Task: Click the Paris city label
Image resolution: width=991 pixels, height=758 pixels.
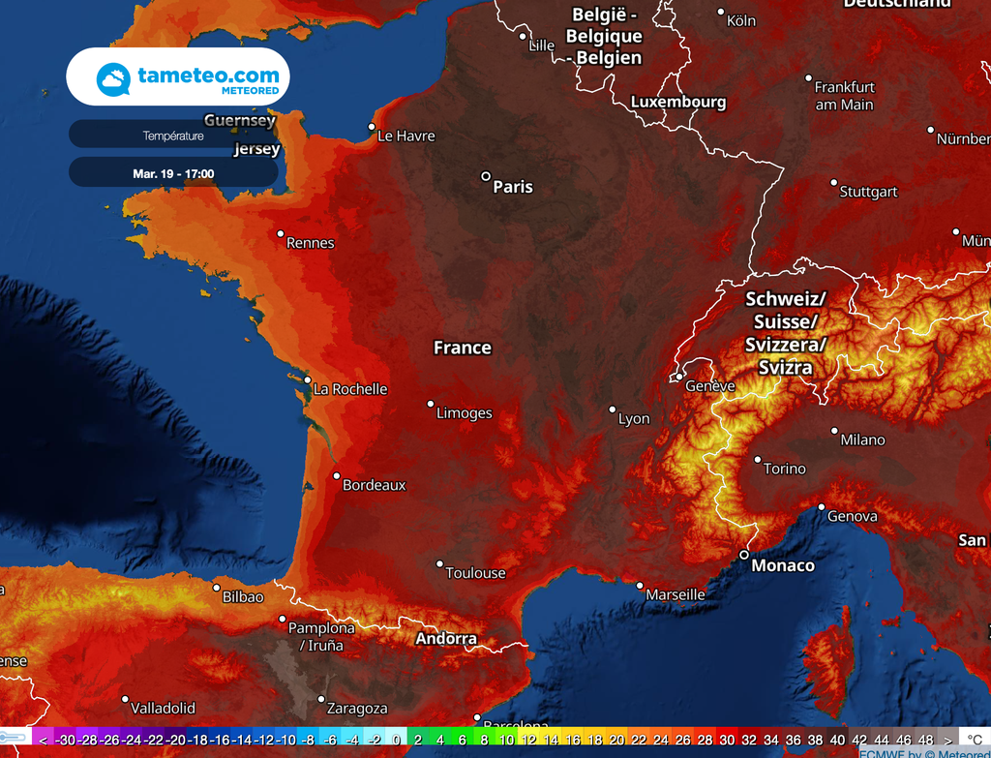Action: click(x=513, y=187)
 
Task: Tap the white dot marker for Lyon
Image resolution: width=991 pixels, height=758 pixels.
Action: click(x=612, y=409)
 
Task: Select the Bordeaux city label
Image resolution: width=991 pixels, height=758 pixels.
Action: click(x=374, y=485)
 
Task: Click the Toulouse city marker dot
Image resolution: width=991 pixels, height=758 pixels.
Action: click(x=439, y=563)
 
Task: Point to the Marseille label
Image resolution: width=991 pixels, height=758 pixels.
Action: click(x=676, y=594)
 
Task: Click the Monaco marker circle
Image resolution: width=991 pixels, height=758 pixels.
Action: click(x=743, y=555)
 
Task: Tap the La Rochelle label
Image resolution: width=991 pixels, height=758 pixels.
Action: click(x=350, y=389)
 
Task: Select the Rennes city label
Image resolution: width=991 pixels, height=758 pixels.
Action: click(x=310, y=243)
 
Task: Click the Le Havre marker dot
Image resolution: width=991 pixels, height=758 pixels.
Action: click(x=372, y=126)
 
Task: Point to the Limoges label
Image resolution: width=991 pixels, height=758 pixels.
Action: click(x=465, y=413)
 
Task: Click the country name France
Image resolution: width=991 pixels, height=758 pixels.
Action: click(x=462, y=348)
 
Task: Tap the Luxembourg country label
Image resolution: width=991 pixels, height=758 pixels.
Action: click(x=677, y=102)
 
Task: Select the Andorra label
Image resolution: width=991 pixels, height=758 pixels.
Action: click(x=446, y=639)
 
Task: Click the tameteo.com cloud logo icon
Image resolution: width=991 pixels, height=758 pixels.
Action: click(x=114, y=78)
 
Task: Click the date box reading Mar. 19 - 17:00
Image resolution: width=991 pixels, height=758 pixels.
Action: click(x=173, y=174)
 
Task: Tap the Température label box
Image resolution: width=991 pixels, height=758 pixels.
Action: click(x=173, y=136)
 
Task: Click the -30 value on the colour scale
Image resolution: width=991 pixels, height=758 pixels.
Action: click(x=66, y=740)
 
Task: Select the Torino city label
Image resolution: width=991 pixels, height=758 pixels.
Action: click(x=784, y=469)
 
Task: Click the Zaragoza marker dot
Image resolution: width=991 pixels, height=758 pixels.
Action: click(x=320, y=699)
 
